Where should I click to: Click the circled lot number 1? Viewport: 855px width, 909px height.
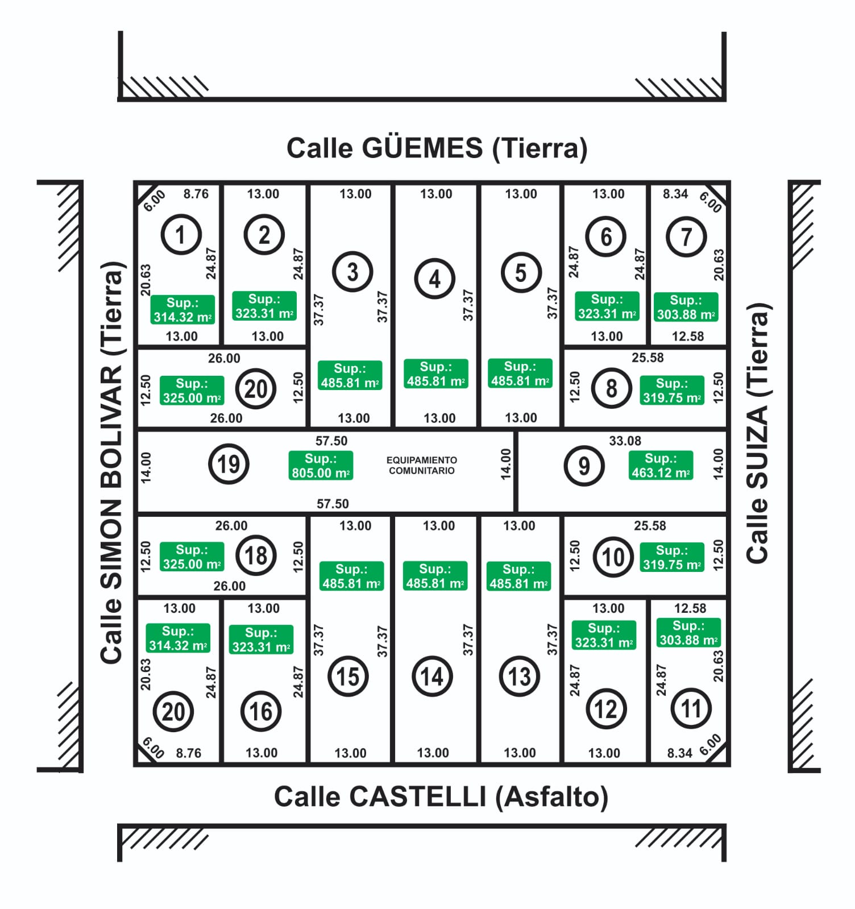click(x=181, y=234)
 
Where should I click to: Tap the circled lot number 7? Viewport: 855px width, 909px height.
click(x=686, y=236)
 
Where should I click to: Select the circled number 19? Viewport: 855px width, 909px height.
click(x=229, y=464)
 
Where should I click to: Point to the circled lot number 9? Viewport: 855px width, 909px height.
click(x=584, y=466)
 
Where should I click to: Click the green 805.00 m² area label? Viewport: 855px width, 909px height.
click(x=321, y=466)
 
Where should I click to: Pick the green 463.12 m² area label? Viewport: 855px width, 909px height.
click(x=661, y=466)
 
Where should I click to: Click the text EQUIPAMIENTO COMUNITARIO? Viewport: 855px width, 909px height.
click(x=422, y=465)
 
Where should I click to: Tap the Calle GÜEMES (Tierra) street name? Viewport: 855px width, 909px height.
click(x=437, y=148)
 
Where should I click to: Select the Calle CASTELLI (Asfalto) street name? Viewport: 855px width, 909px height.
click(x=441, y=796)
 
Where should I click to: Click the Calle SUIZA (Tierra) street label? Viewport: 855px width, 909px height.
click(x=758, y=433)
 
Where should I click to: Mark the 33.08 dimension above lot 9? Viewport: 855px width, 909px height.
click(x=625, y=441)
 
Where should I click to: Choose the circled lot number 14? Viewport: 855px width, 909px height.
click(x=432, y=676)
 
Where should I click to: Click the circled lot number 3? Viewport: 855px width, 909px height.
click(x=352, y=272)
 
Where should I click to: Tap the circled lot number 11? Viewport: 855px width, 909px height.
click(x=691, y=708)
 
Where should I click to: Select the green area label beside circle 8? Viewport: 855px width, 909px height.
click(x=672, y=391)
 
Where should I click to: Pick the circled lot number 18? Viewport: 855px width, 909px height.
click(x=256, y=555)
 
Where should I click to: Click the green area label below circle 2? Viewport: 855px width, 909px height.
click(x=264, y=306)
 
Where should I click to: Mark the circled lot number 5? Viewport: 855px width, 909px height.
click(x=521, y=272)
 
